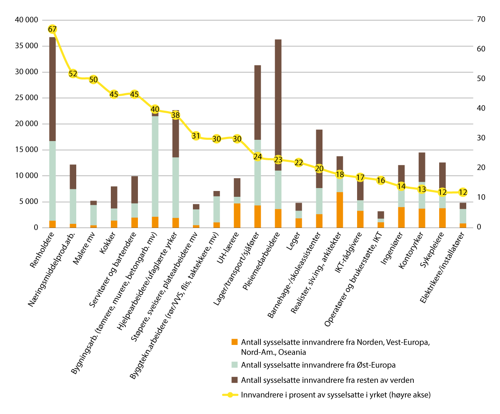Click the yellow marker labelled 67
[x=52, y=29]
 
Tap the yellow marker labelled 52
[x=73, y=74]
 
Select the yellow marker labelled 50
[x=93, y=79]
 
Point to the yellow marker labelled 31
[x=196, y=136]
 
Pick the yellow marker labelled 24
[x=257, y=156]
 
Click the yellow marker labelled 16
[x=381, y=180]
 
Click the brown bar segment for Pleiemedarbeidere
[x=278, y=104]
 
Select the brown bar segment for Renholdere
[x=52, y=89]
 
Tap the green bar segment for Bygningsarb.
[x=155, y=166]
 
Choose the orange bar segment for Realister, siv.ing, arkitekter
[x=340, y=210]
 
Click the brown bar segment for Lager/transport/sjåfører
[x=257, y=102]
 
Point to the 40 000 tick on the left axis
[x=26, y=20]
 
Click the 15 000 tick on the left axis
[x=26, y=150]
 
